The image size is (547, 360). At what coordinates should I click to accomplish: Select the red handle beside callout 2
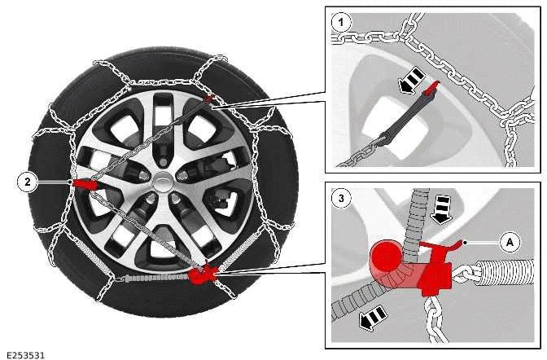click(x=84, y=184)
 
